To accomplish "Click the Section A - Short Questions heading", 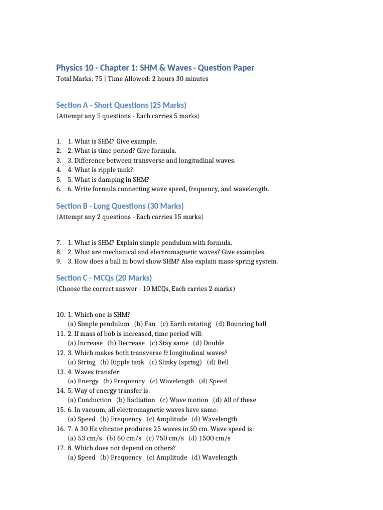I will pyautogui.click(x=121, y=105).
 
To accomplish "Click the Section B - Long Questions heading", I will pyautogui.click(x=120, y=206).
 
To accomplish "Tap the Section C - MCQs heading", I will pyautogui.click(x=104, y=278).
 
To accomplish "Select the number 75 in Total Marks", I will pyautogui.click(x=102, y=79).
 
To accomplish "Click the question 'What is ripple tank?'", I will pyautogui.click(x=100, y=170).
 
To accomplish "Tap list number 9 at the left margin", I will pyautogui.click(x=59, y=261).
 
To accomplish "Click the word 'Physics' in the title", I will pyautogui.click(x=71, y=67).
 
